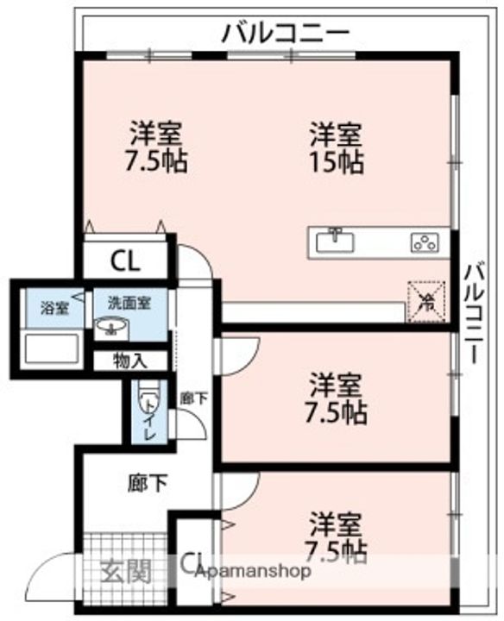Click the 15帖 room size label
[337, 161]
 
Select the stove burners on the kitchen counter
[425, 242]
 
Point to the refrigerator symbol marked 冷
[425, 301]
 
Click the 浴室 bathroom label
[54, 307]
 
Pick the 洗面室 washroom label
[129, 303]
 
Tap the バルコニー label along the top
[286, 34]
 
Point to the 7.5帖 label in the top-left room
[156, 161]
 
